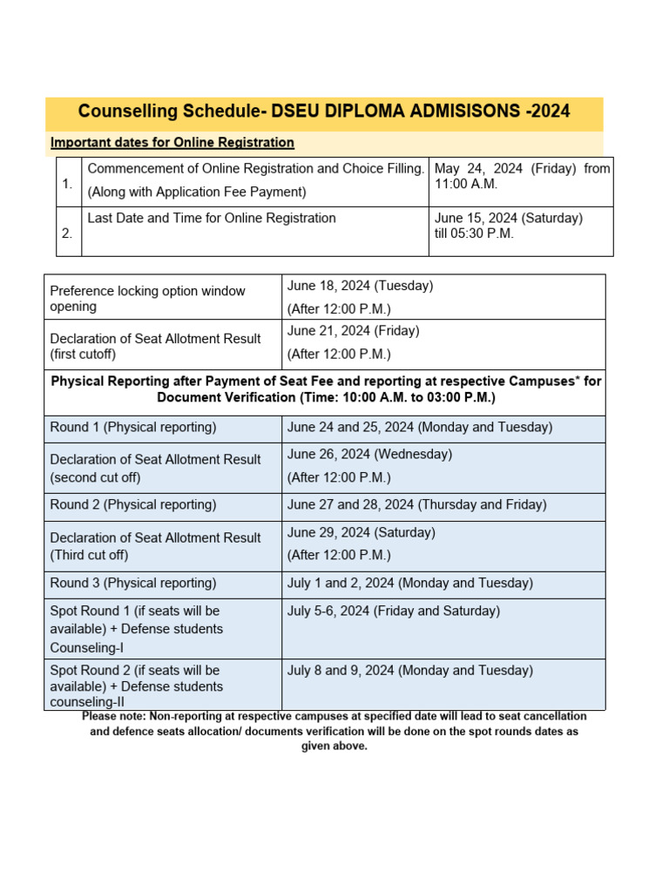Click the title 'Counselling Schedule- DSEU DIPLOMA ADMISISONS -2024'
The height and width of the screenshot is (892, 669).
(324, 111)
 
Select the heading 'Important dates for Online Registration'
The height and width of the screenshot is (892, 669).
(172, 142)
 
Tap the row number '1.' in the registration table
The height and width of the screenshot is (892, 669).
(68, 184)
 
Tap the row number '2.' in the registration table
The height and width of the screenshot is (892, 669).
(68, 233)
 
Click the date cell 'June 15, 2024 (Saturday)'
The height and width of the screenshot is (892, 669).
(509, 218)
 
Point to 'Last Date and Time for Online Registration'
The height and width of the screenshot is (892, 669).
(212, 218)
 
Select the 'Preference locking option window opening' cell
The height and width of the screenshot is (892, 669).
(148, 299)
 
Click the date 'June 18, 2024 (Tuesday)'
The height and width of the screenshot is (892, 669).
(361, 286)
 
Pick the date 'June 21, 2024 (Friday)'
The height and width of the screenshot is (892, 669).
(354, 331)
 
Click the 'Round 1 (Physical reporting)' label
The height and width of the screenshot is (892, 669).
(133, 428)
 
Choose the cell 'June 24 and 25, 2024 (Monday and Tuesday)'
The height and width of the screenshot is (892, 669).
(420, 428)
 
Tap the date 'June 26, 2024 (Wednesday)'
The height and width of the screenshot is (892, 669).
(370, 454)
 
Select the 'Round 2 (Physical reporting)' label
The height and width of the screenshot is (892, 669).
(133, 505)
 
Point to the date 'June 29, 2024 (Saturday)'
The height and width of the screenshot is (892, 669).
(362, 532)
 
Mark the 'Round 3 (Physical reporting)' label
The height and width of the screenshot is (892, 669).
(133, 584)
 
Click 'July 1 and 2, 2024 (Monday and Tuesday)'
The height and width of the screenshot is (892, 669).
(410, 584)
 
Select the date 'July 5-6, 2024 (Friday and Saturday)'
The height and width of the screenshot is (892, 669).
(394, 612)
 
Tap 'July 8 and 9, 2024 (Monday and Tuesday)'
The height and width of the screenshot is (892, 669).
(410, 671)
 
